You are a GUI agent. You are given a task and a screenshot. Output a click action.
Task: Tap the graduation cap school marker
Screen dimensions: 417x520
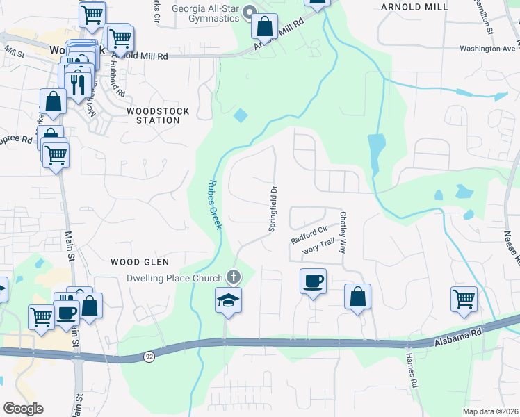(x=229, y=300)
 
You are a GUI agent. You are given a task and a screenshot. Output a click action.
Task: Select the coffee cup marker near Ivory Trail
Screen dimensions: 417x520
(x=312, y=281)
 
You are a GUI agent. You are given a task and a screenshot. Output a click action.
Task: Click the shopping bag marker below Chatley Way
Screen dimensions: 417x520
(x=357, y=296)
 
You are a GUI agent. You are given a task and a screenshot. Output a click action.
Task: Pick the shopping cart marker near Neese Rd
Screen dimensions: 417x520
(x=464, y=299)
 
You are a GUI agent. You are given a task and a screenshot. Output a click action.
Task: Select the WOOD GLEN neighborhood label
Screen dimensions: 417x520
(x=140, y=261)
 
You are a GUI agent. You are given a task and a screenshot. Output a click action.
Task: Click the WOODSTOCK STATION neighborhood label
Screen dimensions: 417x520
(x=153, y=115)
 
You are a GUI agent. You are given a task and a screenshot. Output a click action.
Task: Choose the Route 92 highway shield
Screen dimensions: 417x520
(x=149, y=357)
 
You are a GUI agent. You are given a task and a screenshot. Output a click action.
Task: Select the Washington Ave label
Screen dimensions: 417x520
(x=489, y=49)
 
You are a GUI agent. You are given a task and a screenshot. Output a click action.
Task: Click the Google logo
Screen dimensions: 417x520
(x=23, y=409)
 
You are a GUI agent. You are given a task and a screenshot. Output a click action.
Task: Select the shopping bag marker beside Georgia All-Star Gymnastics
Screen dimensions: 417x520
(x=265, y=27)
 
